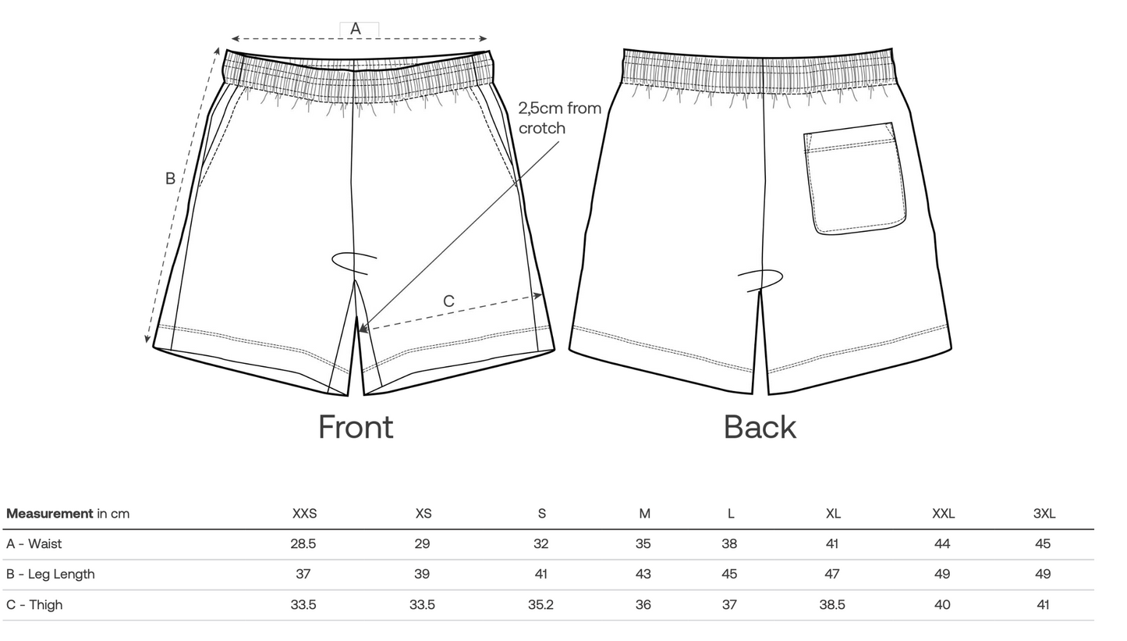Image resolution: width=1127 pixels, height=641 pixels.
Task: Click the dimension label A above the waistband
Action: click(356, 29)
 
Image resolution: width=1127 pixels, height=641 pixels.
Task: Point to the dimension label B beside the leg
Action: click(170, 179)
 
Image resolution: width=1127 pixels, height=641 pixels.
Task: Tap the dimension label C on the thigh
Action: click(448, 301)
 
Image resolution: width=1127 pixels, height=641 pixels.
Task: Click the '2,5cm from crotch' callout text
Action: click(559, 118)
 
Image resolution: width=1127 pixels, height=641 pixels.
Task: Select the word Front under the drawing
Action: click(356, 427)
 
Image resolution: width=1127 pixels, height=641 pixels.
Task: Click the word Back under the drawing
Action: click(760, 427)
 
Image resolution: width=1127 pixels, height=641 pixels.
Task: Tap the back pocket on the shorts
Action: click(855, 179)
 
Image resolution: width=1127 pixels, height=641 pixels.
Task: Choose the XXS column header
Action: click(304, 514)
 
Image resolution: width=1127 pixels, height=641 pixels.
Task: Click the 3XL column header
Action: click(1044, 514)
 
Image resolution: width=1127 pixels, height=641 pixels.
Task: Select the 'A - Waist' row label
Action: click(34, 544)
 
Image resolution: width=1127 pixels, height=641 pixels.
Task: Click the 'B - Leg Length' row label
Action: click(51, 575)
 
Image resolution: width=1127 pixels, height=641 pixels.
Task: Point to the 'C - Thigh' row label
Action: click(34, 605)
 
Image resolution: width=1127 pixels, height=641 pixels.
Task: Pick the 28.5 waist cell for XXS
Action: click(303, 544)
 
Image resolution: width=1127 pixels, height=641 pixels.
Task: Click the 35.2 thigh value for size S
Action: click(540, 605)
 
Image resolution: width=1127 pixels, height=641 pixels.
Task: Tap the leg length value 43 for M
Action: click(643, 575)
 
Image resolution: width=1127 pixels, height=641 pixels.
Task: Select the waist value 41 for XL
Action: click(832, 544)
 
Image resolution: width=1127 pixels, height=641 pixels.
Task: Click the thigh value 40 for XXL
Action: click(942, 605)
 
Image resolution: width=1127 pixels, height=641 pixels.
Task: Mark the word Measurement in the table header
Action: click(49, 514)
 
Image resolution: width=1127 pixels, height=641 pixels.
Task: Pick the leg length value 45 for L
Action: click(729, 575)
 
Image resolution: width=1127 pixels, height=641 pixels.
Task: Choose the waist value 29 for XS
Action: click(422, 544)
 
